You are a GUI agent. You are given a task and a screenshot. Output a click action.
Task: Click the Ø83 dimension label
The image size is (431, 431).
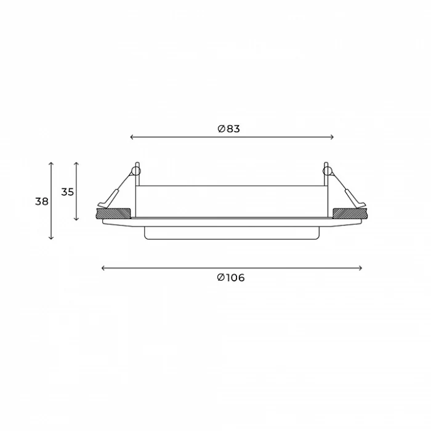[x=228, y=129]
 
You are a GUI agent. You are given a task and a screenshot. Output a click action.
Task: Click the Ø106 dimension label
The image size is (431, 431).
[x=231, y=278]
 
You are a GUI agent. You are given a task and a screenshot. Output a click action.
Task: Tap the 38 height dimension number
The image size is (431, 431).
[x=42, y=201]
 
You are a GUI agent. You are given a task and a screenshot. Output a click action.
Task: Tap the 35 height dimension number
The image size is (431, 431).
[x=68, y=191]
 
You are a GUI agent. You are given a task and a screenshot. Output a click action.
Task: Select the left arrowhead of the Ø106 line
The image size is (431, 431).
[x=103, y=268]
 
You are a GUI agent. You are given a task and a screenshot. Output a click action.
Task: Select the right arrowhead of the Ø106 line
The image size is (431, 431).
[x=360, y=268]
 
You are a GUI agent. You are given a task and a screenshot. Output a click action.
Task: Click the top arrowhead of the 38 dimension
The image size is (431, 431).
[x=51, y=164]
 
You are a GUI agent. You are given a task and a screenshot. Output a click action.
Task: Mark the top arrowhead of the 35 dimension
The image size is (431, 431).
[x=76, y=164]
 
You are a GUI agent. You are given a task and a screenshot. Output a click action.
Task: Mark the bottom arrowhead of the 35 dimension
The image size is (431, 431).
[x=76, y=219]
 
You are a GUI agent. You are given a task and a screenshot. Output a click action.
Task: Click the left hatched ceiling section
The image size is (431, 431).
[x=113, y=214]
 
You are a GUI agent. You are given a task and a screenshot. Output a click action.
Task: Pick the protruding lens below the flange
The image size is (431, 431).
[x=232, y=232]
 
